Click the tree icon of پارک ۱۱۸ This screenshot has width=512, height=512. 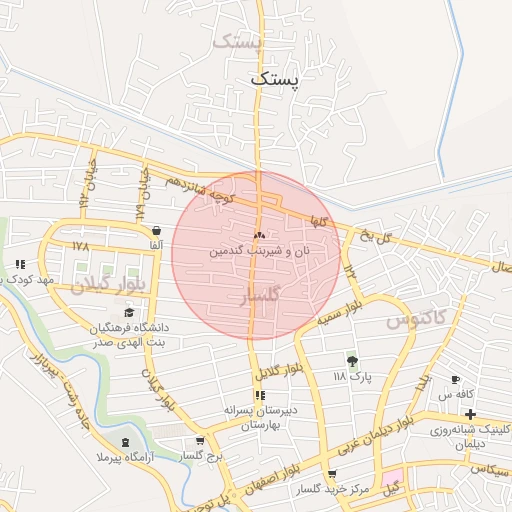351,361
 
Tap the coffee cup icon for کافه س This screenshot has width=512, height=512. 456,380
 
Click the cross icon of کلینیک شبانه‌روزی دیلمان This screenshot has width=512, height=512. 470,414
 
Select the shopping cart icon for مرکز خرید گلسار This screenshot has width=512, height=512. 332,475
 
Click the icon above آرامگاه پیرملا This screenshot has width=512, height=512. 124,442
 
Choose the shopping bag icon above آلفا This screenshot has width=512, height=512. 146,228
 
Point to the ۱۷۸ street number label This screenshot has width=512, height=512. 81,245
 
